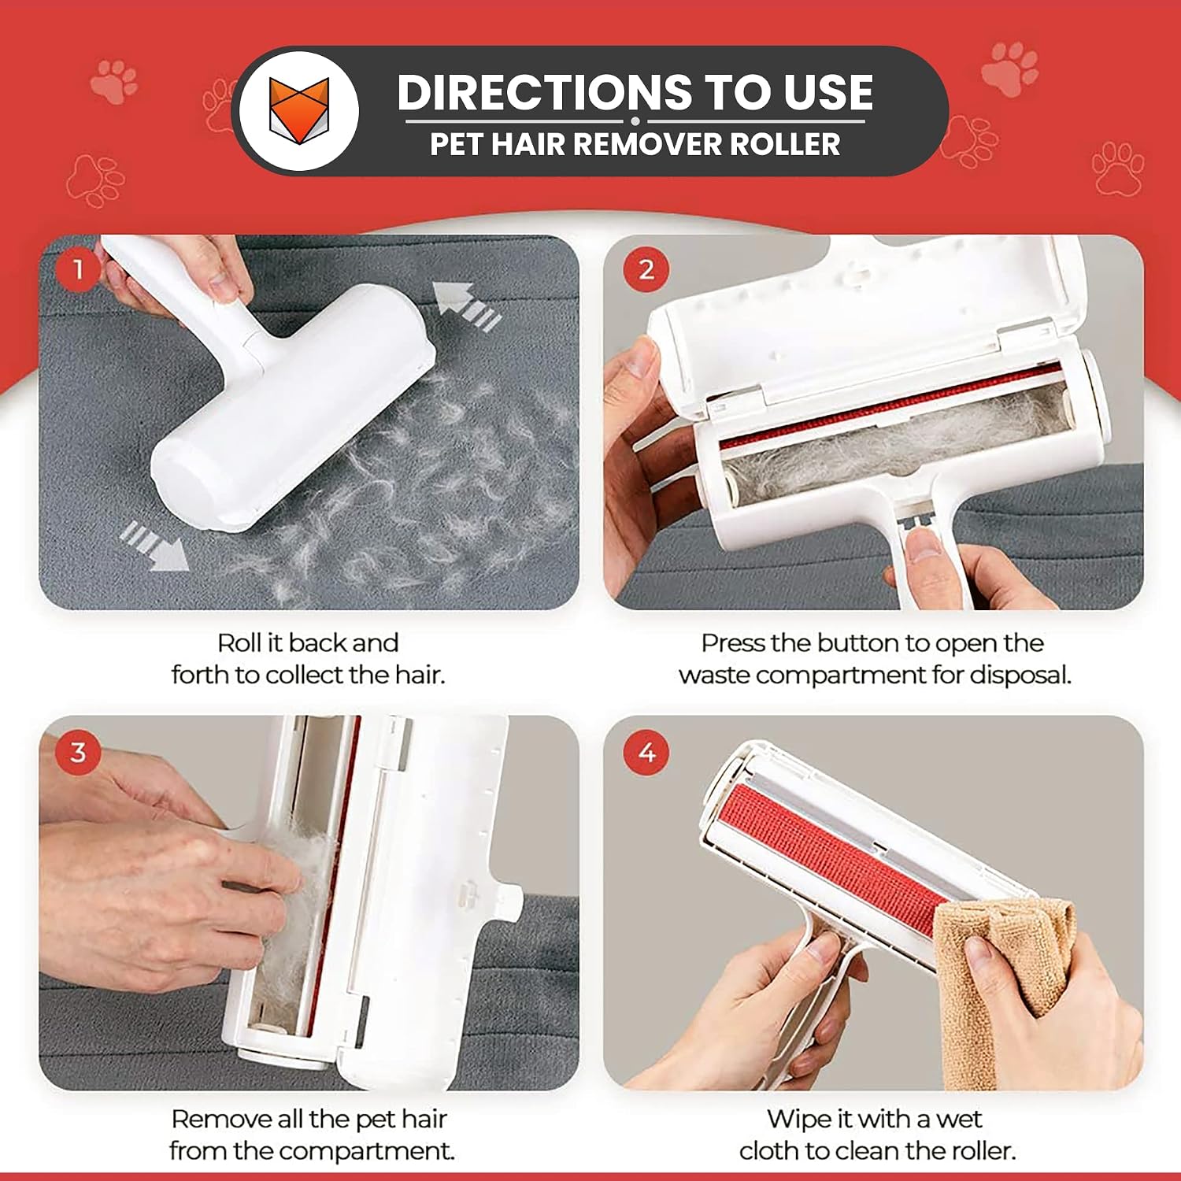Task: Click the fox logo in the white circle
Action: (298, 109)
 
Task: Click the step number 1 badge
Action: (78, 270)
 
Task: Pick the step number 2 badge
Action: (646, 270)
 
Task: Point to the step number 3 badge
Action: (78, 752)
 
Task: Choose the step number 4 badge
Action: (646, 752)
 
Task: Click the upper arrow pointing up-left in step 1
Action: (467, 307)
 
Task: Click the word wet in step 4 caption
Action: (960, 1119)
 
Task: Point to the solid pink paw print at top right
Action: (1010, 69)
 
